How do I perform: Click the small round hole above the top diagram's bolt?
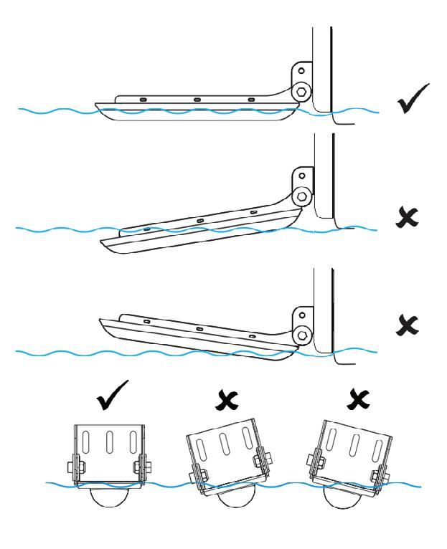coord(301,72)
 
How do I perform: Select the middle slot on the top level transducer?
coord(195,99)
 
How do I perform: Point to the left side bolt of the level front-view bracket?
coord(74,466)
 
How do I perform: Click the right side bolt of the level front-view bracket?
coord(149,466)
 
